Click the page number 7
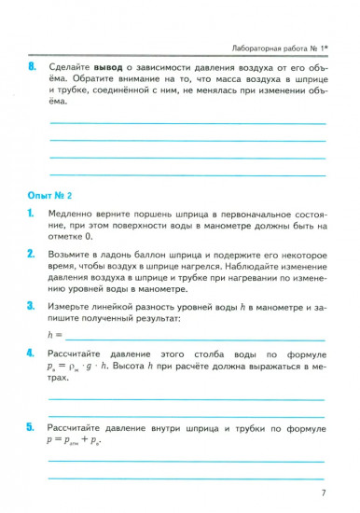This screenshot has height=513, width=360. [322, 493]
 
